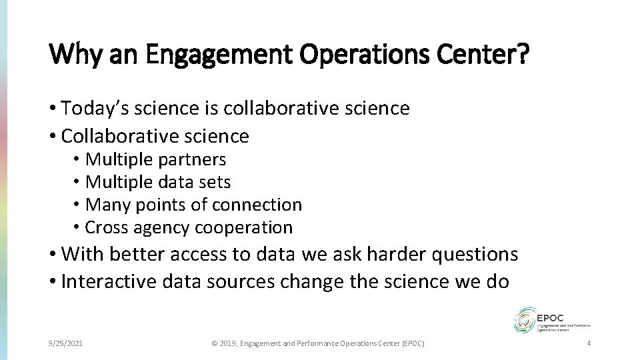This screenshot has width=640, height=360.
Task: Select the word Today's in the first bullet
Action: [x=91, y=109]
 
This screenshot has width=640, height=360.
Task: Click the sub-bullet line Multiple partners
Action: [x=156, y=160]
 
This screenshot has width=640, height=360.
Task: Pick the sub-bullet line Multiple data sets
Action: [x=158, y=182]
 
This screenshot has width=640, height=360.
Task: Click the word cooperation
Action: [x=244, y=227]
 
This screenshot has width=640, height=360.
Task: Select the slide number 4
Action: [x=588, y=343]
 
